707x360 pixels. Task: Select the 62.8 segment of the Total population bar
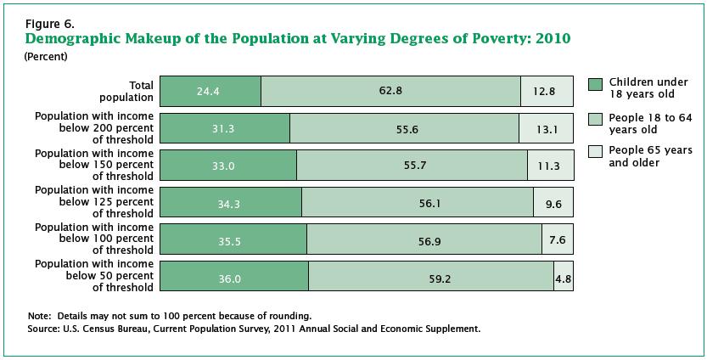pos(391,91)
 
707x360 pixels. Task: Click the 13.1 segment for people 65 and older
pos(547,128)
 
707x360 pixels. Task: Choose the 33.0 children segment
pos(227,166)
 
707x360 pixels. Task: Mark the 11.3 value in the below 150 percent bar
pos(550,166)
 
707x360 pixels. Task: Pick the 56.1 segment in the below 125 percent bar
pos(416,204)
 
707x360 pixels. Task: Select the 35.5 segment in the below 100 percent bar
pos(233,241)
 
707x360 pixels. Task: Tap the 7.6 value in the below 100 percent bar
pos(557,241)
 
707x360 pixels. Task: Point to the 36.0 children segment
pos(233,278)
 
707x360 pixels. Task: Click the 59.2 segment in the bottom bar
pos(431,278)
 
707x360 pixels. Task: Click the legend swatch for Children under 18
pos(595,84)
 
